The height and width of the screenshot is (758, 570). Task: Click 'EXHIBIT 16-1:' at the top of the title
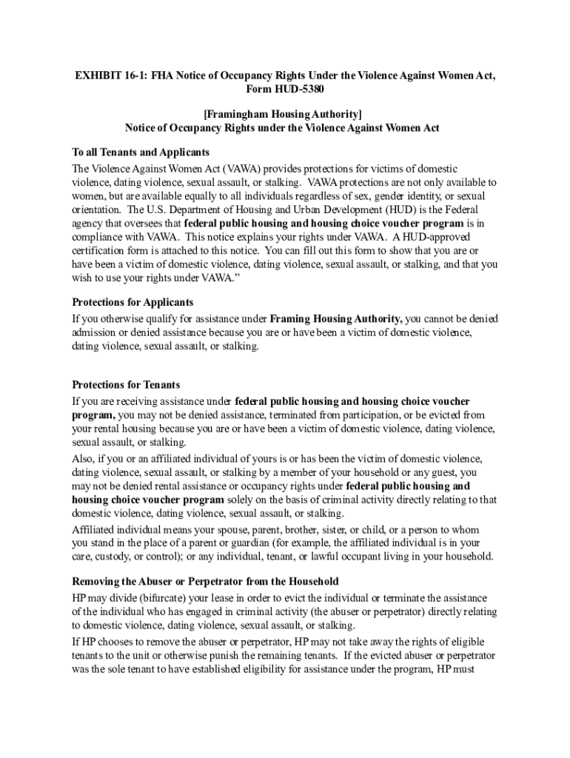[97, 77]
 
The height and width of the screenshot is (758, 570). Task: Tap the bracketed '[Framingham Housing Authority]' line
[282, 115]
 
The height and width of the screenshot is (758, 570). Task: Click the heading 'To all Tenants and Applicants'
[141, 152]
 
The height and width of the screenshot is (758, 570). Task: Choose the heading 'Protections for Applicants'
[133, 303]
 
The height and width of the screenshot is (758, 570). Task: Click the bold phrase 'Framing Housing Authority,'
[336, 319]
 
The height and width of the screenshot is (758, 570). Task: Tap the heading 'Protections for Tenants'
[126, 385]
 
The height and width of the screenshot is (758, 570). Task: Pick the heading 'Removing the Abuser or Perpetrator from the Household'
[205, 582]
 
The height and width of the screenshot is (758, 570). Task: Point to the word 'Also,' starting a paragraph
[84, 459]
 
